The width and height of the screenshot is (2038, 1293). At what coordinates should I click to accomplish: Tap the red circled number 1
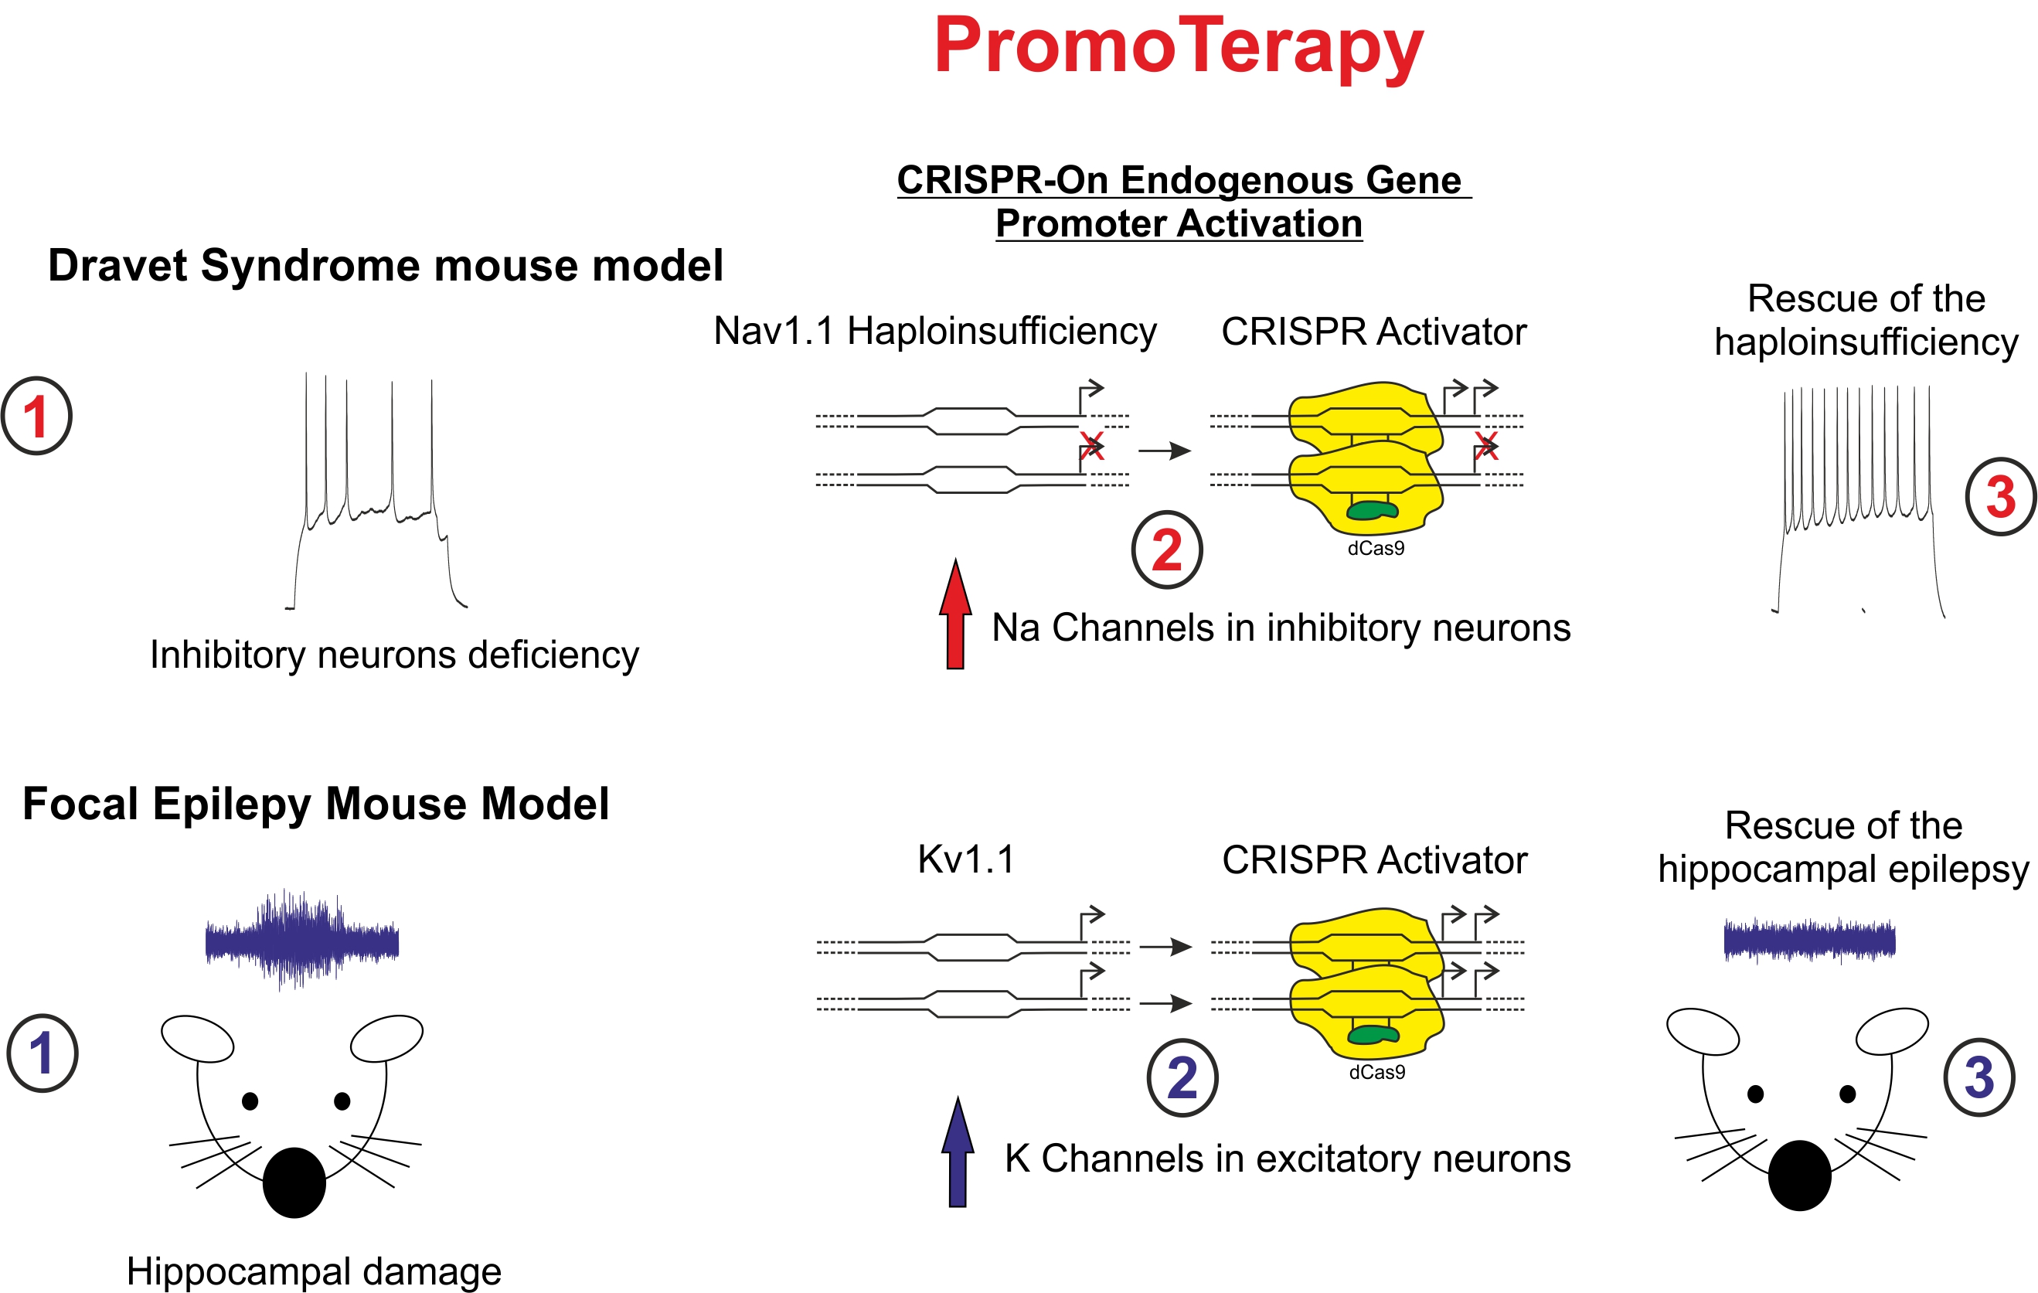pyautogui.click(x=36, y=417)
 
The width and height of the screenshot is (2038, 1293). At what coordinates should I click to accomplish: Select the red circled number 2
pyautogui.click(x=1167, y=550)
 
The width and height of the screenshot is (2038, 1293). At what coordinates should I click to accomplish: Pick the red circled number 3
pyautogui.click(x=2001, y=497)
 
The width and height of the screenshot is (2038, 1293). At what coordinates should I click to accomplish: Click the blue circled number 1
pyautogui.click(x=43, y=1053)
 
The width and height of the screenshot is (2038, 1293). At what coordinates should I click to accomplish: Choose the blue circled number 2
pyautogui.click(x=1182, y=1078)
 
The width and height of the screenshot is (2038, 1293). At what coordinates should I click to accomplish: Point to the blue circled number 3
pyautogui.click(x=1979, y=1077)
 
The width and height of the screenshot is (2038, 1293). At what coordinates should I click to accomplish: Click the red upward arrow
pyautogui.click(x=955, y=614)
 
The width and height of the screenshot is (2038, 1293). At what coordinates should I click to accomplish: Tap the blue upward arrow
pyautogui.click(x=958, y=1152)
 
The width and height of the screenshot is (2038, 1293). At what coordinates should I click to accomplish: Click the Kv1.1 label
pyautogui.click(x=966, y=859)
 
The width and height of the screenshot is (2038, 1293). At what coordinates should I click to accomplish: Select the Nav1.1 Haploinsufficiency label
pyautogui.click(x=934, y=331)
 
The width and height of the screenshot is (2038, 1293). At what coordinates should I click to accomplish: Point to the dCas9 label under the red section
pyautogui.click(x=1376, y=548)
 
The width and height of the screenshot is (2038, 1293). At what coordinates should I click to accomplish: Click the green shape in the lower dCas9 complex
pyautogui.click(x=1373, y=1034)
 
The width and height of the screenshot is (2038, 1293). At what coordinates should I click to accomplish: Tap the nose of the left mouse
pyautogui.click(x=294, y=1182)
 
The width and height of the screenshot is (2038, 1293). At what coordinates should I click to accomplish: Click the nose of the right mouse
pyautogui.click(x=1799, y=1176)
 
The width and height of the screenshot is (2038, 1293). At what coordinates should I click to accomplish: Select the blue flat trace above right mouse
pyautogui.click(x=1809, y=940)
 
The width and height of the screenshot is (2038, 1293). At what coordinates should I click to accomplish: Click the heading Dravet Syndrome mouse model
pyautogui.click(x=385, y=266)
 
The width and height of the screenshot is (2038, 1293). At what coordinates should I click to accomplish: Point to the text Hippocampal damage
pyautogui.click(x=313, y=1271)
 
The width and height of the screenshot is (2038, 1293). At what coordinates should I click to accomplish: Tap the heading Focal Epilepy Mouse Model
pyautogui.click(x=315, y=804)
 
